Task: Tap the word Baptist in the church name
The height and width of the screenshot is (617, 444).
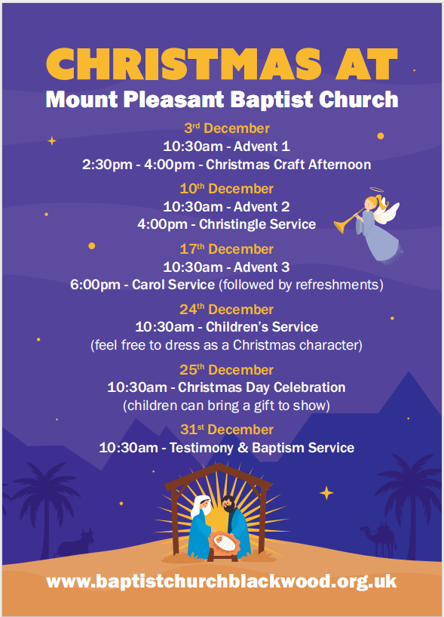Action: pyautogui.click(x=271, y=100)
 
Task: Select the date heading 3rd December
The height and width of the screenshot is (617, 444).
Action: pyautogui.click(x=227, y=128)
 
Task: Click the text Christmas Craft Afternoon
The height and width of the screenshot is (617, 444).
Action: pyautogui.click(x=289, y=165)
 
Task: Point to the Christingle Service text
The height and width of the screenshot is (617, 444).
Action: pyautogui.click(x=257, y=224)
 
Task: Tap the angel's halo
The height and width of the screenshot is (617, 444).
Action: pyautogui.click(x=376, y=190)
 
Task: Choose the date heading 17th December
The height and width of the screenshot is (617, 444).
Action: pyautogui.click(x=226, y=249)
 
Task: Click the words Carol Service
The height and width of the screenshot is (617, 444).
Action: pyautogui.click(x=173, y=285)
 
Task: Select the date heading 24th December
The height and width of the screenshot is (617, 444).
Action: pyautogui.click(x=226, y=310)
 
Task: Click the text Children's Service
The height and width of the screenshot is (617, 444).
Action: pyautogui.click(x=262, y=327)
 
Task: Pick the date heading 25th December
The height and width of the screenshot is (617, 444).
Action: pyautogui.click(x=226, y=370)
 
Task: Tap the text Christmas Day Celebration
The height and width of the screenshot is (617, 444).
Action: pyautogui.click(x=262, y=387)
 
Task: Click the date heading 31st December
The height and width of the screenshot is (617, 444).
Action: pyautogui.click(x=227, y=430)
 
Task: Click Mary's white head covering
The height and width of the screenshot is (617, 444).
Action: pyautogui.click(x=201, y=507)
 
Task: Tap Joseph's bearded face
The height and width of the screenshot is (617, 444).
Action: pyautogui.click(x=228, y=505)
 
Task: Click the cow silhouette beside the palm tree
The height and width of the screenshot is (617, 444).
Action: pyautogui.click(x=75, y=543)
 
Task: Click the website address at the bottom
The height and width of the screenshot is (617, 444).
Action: pyautogui.click(x=221, y=582)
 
